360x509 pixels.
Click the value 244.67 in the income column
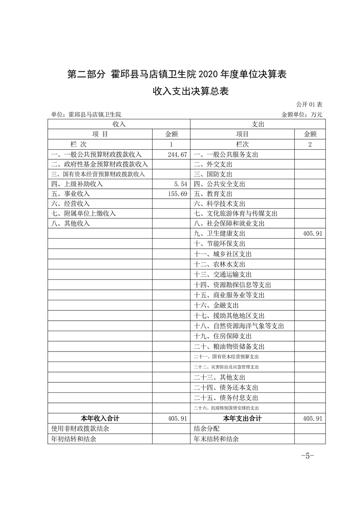pos(178,154)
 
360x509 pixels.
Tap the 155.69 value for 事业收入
pos(178,194)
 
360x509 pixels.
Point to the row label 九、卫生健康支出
pos(219,233)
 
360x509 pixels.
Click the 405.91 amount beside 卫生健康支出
pos(312,233)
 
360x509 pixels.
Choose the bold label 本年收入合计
pos(100,418)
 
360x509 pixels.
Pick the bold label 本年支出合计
pos(242,418)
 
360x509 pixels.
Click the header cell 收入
pos(118,124)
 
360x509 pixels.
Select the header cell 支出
pos(258,124)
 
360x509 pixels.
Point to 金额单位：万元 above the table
pos(302,115)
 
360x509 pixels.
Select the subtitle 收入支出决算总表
pos(191,91)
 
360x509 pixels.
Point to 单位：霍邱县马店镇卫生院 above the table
pos(86,115)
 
